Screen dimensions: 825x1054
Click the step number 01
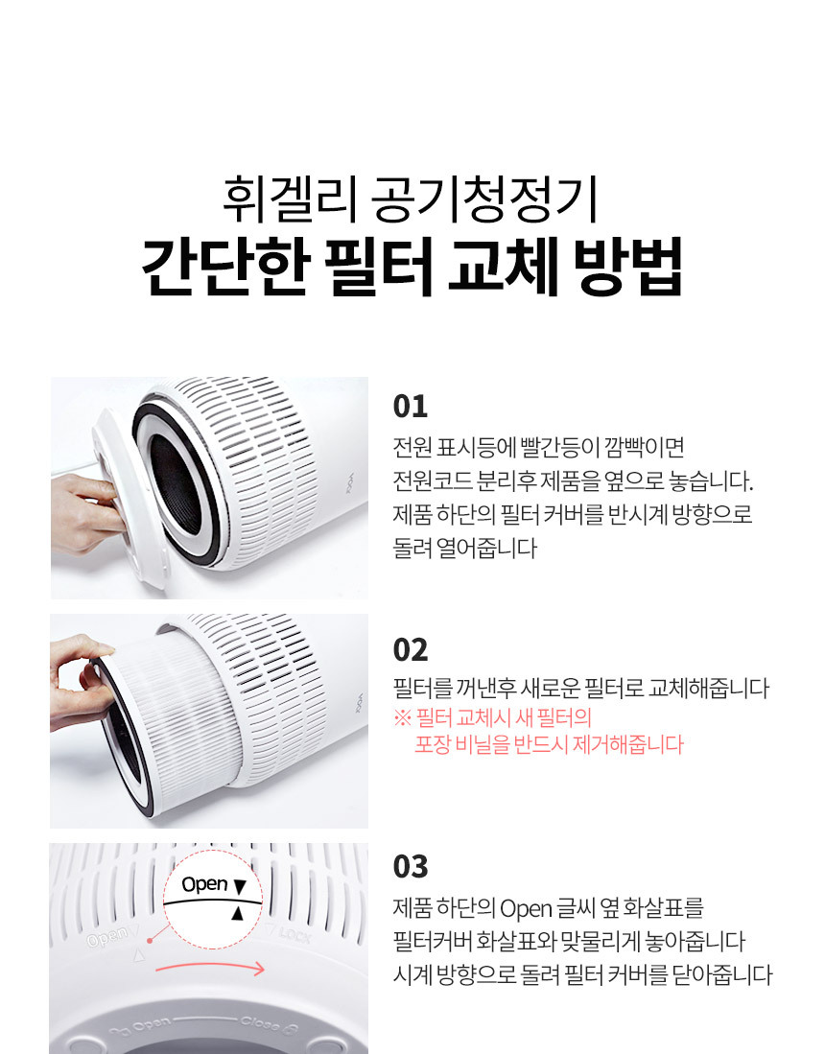coord(411,407)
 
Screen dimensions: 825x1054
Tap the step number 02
coord(411,650)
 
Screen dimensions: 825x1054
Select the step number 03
coord(411,866)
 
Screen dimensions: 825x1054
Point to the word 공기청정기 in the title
coord(484,199)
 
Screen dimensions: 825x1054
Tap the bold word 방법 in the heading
coord(628,267)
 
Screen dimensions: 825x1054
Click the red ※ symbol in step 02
coord(402,718)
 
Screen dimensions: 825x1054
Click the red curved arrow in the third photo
coord(210,967)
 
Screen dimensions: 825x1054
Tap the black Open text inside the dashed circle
coord(204,884)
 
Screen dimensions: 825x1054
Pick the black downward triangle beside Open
coord(240,886)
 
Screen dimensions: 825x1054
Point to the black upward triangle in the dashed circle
coord(237,913)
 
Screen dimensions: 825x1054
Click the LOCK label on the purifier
coord(295,935)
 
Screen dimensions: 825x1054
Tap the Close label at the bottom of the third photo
coord(260,1024)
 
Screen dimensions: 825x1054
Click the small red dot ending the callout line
coord(150,941)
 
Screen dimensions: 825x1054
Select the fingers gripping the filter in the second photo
coord(81,679)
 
